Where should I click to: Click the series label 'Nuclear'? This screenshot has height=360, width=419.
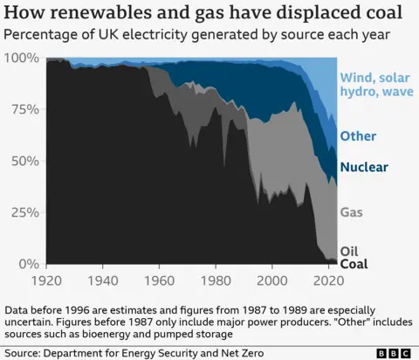(364, 167)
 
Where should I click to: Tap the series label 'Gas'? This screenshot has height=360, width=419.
(351, 211)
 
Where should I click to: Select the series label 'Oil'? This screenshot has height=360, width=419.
(349, 251)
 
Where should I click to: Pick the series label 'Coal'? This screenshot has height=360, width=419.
(354, 264)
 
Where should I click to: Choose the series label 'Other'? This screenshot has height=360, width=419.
(359, 136)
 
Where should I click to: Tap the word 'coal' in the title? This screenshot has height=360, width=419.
(384, 14)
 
